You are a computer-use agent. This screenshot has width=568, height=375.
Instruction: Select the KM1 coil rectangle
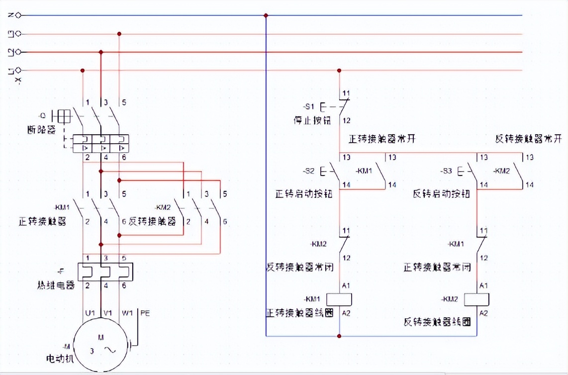[x=339, y=299]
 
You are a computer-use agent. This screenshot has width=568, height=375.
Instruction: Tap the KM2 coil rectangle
[x=477, y=299]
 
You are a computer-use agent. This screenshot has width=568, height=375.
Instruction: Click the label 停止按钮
[x=312, y=121]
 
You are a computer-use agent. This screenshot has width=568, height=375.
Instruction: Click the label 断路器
[x=42, y=130]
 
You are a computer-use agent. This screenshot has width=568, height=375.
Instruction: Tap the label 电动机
[x=60, y=358]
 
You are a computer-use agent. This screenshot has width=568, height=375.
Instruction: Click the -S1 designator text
[x=309, y=106]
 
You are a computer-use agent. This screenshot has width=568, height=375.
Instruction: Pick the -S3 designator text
[x=446, y=171]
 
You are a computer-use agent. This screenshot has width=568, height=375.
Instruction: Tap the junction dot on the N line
[x=266, y=15]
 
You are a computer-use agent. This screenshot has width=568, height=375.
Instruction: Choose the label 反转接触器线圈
[x=437, y=322]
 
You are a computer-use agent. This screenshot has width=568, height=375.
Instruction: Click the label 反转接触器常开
[x=529, y=138]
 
